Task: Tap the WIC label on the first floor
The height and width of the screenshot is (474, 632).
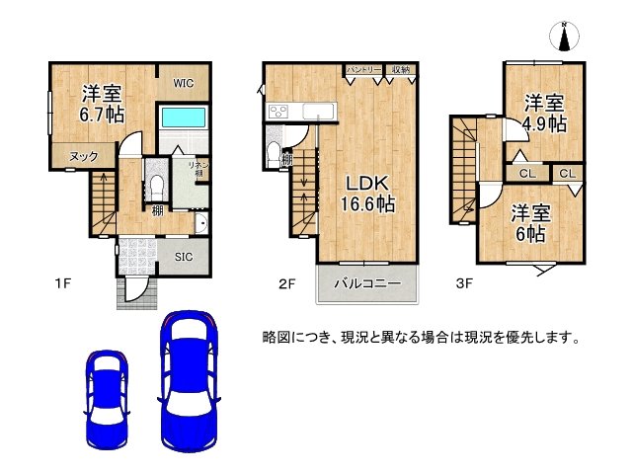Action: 184,83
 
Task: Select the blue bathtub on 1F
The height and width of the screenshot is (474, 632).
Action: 182,118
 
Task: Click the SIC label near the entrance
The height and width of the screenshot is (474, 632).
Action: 184,258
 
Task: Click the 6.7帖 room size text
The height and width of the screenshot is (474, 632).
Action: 103,116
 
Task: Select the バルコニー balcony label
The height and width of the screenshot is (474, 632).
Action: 366,283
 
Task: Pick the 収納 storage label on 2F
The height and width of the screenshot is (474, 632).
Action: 400,70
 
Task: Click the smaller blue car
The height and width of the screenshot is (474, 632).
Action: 106,395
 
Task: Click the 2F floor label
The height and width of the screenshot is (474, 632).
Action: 286,285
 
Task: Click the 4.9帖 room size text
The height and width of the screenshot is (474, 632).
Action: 544,115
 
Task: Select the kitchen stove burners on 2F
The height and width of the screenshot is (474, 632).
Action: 276,111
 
